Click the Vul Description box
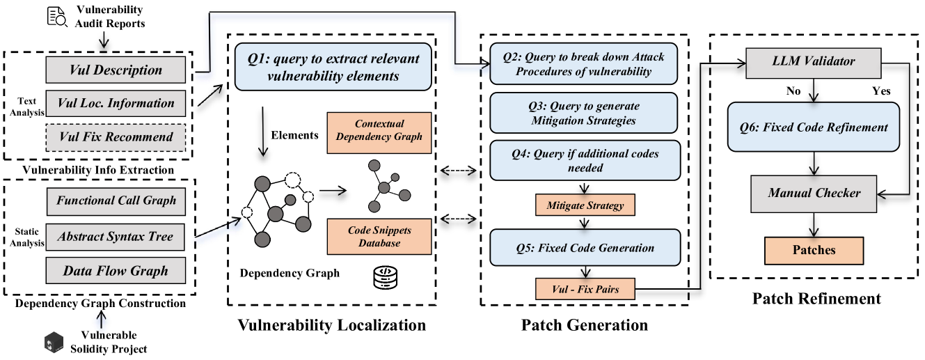116,70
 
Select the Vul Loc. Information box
116,103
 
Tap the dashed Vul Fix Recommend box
116,136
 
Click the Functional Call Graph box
117,201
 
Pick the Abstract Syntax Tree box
117,237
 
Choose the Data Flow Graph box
117,270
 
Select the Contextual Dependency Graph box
379,130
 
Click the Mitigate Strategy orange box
585,205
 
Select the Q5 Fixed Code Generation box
583,247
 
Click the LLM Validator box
814,61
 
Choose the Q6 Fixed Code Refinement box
814,127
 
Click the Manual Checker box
814,192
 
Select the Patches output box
814,249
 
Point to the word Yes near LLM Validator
880,91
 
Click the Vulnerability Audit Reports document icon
58,17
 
